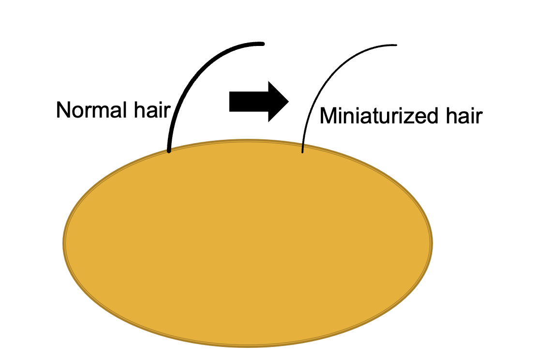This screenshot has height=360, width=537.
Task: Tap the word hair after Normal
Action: point(151,110)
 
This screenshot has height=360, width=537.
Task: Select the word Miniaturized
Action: point(381,117)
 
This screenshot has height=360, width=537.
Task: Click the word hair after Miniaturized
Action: point(464,117)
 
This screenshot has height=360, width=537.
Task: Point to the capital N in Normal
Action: point(62,110)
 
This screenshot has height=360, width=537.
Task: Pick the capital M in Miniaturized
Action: point(328,117)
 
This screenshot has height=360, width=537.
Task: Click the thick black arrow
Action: point(258,101)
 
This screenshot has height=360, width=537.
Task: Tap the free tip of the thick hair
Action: point(263,44)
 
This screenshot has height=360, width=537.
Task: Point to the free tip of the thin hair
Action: point(396,45)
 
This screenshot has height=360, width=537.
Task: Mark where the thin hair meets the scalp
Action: point(302,152)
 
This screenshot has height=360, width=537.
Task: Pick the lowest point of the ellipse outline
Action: point(248,346)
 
